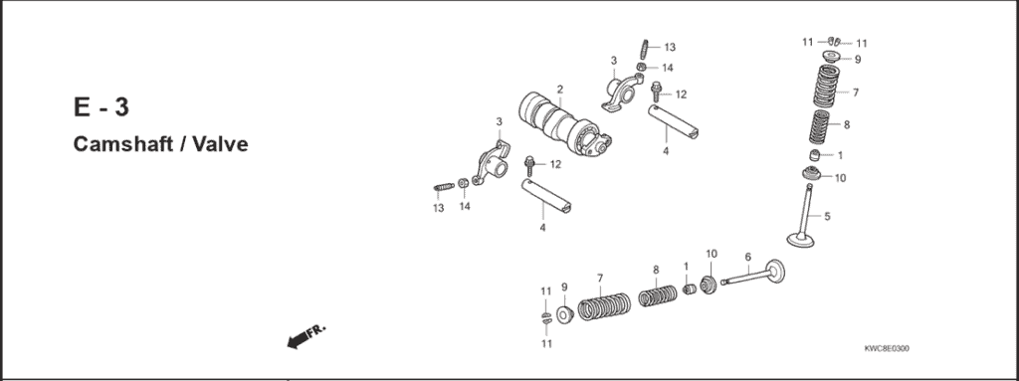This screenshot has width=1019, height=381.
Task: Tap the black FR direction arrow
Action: (x=297, y=341)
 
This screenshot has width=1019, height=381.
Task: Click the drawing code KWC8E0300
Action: (x=886, y=348)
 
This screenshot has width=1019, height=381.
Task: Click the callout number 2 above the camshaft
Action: (x=560, y=89)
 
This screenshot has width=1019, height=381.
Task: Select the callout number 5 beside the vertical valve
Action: (x=827, y=216)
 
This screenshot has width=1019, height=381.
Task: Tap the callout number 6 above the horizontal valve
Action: (x=747, y=257)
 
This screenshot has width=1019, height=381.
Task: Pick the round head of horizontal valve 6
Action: (x=774, y=271)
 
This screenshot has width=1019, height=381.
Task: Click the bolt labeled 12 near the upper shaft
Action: (x=657, y=92)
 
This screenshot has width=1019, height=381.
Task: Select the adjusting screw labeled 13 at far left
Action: (x=443, y=187)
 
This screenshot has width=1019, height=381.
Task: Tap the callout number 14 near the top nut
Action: (x=668, y=68)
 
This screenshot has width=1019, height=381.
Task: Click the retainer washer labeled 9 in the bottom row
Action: (x=564, y=315)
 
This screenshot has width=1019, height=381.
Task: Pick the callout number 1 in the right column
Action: (x=840, y=155)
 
